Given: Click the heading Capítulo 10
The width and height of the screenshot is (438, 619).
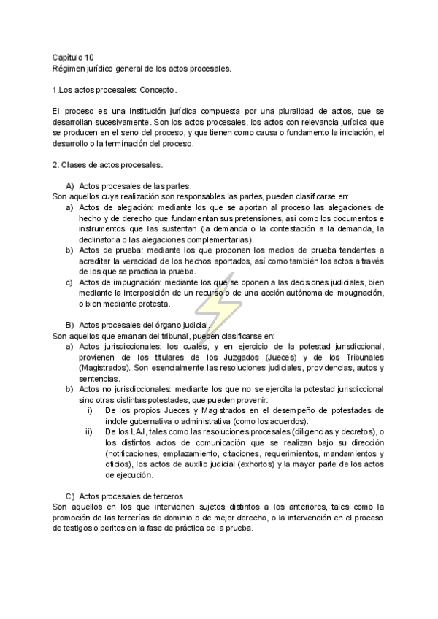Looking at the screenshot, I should pos(73,57).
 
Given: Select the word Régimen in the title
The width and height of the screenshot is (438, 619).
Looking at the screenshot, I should pos(69,69).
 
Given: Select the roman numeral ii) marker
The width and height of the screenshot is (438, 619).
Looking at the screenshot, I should pos(89,432).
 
